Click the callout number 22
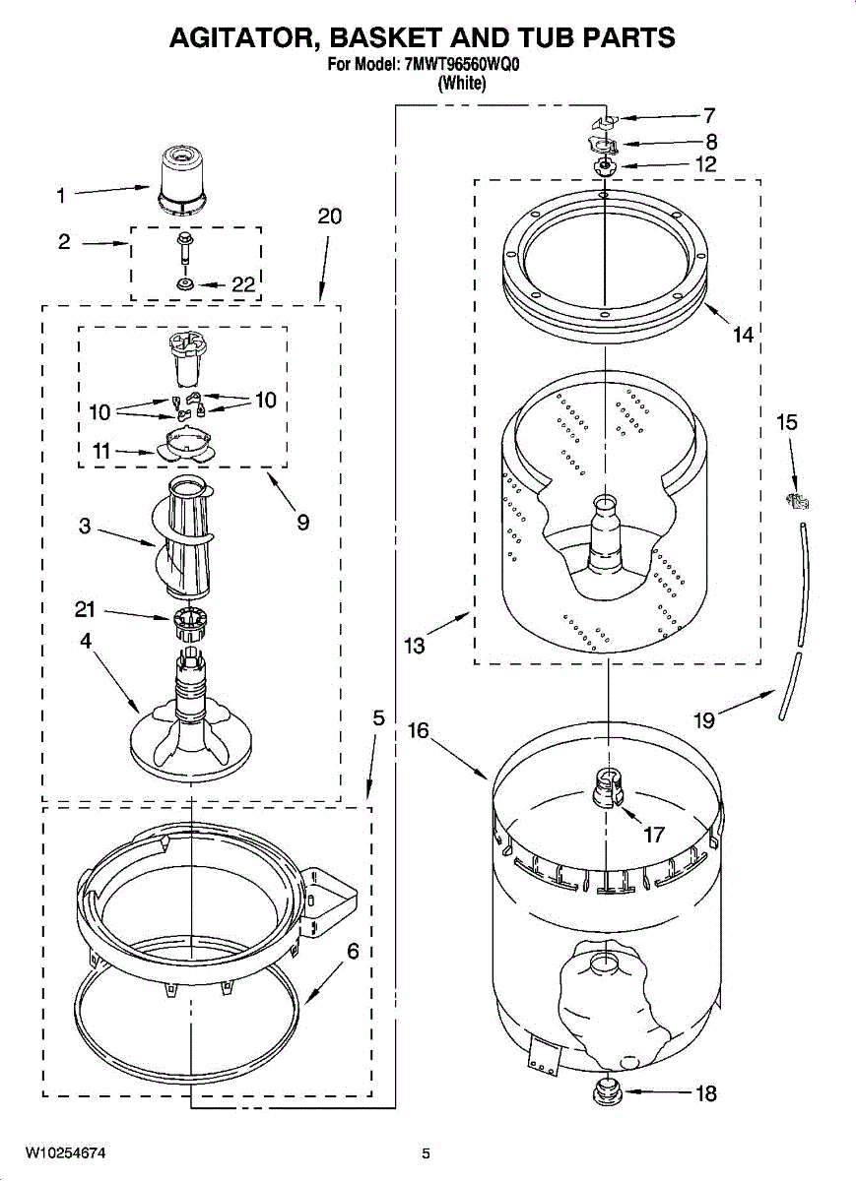click(242, 284)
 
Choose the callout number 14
click(742, 335)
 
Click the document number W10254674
click(66, 1152)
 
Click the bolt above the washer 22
click(184, 246)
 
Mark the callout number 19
click(703, 719)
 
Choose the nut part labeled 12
click(602, 164)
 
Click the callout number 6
click(352, 951)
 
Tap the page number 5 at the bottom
click(426, 1152)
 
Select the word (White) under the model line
click(461, 84)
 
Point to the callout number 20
click(329, 217)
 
